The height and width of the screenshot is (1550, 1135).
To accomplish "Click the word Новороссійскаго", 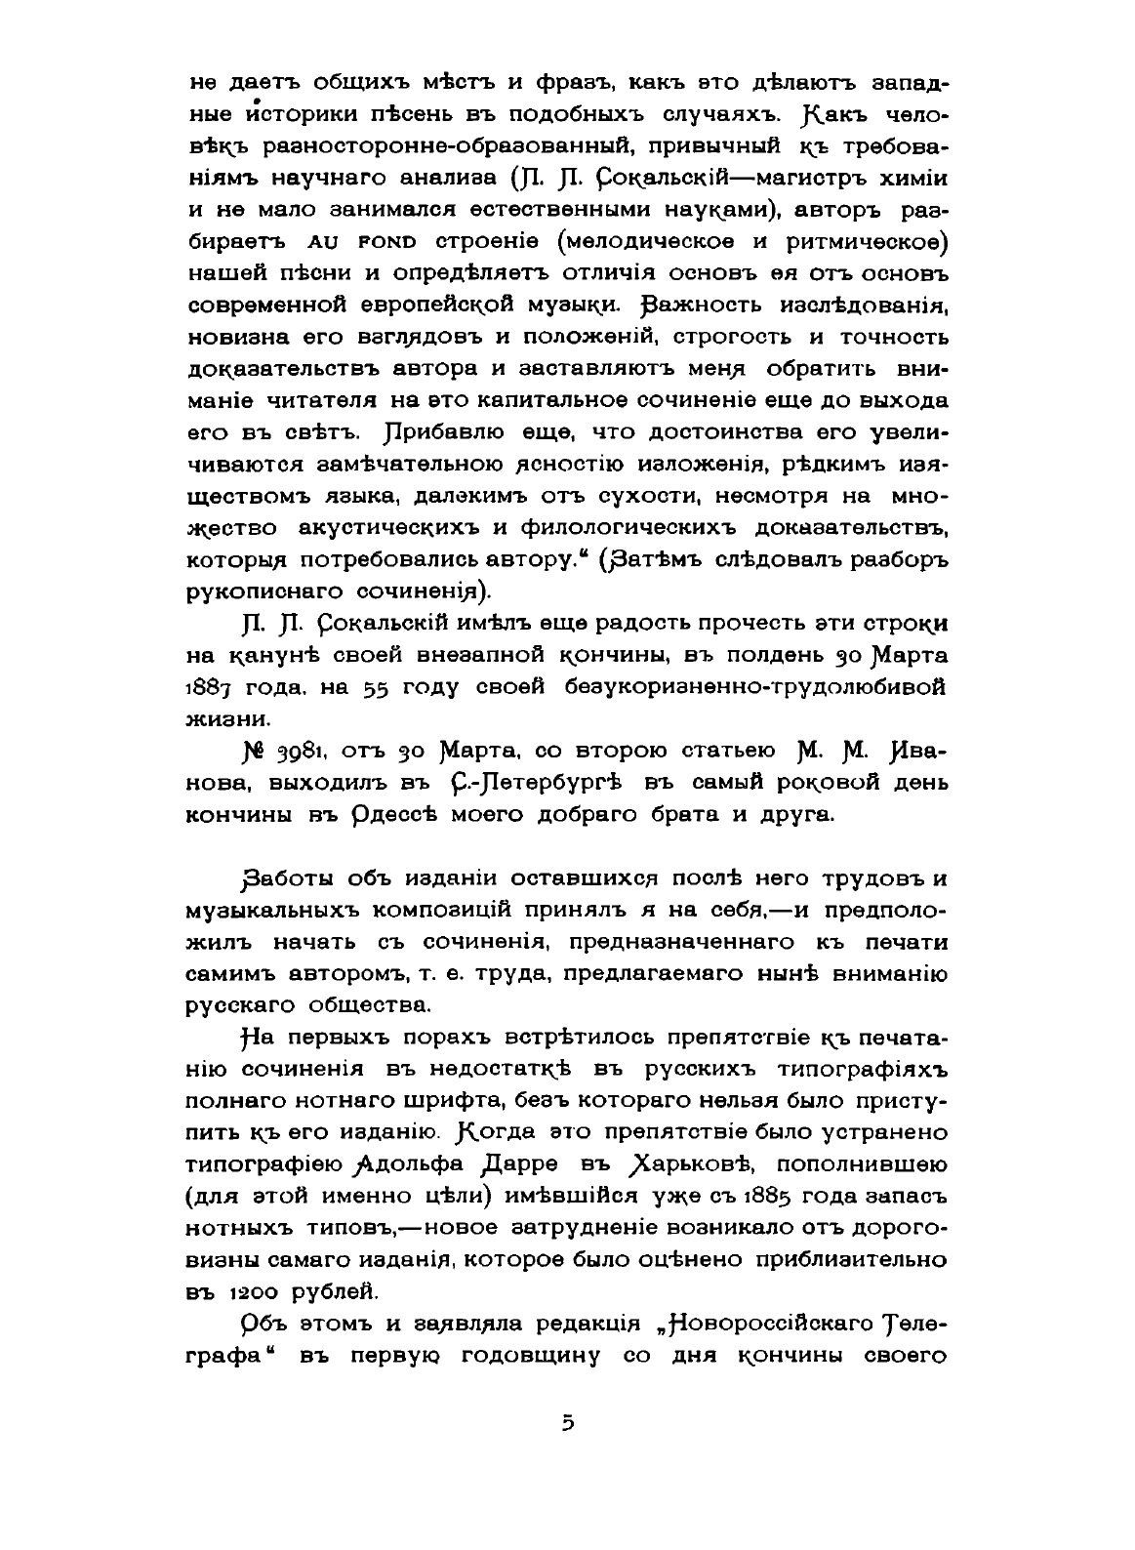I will coord(767,1324).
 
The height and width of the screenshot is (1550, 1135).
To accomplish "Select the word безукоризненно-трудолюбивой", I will coord(755,687).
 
